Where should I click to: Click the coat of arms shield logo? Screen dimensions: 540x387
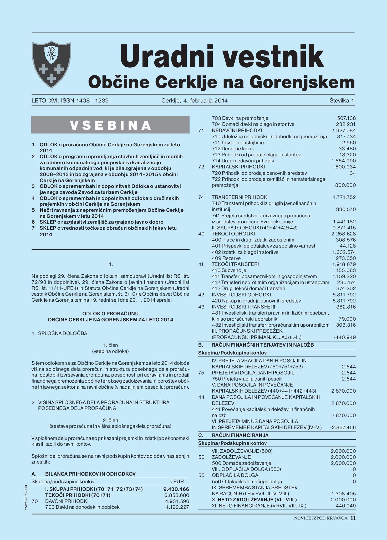52,65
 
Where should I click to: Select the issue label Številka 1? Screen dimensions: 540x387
342,101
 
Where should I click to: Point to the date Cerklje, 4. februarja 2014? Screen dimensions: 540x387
195,101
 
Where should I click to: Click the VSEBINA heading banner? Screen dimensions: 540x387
110,125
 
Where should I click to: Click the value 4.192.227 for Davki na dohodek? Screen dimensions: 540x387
177,507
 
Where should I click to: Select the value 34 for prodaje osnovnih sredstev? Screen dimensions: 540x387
353,173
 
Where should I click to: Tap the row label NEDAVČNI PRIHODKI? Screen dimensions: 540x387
237,131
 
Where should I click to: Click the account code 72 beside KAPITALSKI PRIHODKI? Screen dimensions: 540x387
201,167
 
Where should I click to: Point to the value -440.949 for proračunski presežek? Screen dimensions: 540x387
344,337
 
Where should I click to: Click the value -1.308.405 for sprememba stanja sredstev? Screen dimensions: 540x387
343,494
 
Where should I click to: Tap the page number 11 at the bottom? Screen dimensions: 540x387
353,518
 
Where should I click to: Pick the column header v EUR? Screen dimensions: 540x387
177,482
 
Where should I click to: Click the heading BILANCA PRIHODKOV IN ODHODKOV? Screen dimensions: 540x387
90,474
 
